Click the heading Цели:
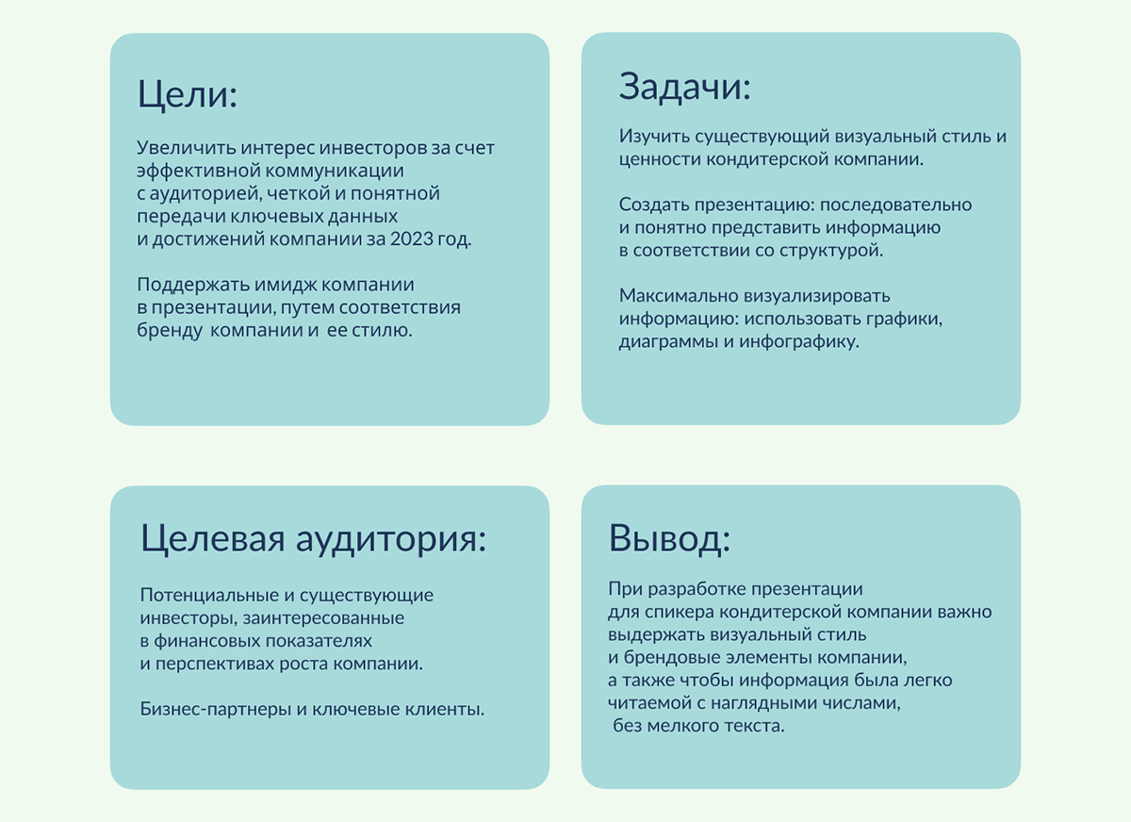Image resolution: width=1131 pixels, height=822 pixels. [x=187, y=95]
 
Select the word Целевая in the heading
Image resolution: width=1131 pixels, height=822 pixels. [x=213, y=539]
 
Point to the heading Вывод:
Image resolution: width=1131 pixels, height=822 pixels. [x=670, y=539]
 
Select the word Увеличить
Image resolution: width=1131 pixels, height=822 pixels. [x=185, y=148]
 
